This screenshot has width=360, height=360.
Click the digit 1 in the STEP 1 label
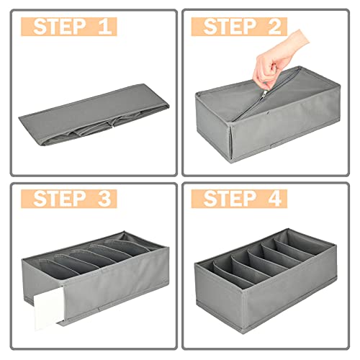105,27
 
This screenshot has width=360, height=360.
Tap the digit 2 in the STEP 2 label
274,27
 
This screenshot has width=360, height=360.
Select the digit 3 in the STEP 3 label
104,198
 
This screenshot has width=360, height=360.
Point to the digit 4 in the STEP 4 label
274,198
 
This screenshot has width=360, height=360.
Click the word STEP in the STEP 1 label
60,27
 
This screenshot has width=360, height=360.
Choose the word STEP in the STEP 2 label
230,27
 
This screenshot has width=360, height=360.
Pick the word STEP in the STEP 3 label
60,198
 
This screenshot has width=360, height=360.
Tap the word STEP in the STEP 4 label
230,198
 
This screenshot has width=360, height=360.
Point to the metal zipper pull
265,94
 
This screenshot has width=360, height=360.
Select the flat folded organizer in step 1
94,114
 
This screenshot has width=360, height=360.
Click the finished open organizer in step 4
266,281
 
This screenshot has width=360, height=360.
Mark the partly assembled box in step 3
96,279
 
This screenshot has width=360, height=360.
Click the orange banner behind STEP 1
69,27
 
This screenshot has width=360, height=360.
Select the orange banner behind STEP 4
239,199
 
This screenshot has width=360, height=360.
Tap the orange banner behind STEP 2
239,27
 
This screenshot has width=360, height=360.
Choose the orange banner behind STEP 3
69,199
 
